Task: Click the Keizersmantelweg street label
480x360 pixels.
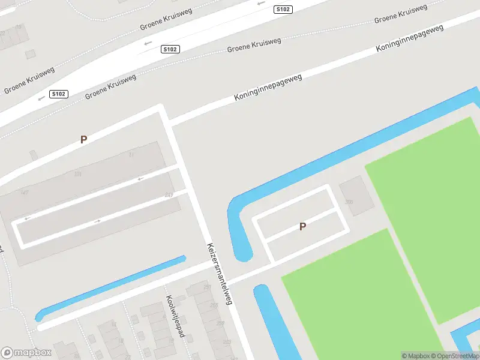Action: click(x=219, y=274)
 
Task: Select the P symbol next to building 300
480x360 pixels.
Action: click(x=303, y=226)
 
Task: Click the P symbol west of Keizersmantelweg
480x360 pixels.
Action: click(x=84, y=139)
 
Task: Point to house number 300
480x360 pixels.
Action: click(x=349, y=202)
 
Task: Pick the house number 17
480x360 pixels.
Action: click(x=131, y=155)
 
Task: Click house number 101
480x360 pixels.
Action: click(x=77, y=175)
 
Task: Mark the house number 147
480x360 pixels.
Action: click(x=25, y=192)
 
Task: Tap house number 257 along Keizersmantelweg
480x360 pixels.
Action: click(x=207, y=288)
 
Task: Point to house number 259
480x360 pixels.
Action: click(x=220, y=323)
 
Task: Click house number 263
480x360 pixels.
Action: click(x=227, y=342)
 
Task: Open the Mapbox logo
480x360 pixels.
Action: click(x=26, y=353)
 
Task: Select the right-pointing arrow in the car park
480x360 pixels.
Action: click(x=98, y=221)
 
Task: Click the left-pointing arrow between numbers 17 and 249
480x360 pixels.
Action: click(x=141, y=178)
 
